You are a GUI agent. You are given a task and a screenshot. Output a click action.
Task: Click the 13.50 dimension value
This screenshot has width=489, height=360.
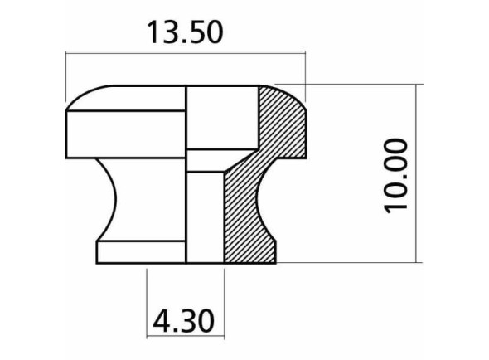185,32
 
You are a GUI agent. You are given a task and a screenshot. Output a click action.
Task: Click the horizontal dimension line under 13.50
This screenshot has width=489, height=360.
185,56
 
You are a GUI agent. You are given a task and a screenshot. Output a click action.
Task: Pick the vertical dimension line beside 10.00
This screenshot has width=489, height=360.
418,174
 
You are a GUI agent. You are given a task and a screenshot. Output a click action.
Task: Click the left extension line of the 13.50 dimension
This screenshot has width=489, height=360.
65,79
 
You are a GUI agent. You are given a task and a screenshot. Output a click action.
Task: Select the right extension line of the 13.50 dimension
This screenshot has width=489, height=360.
306,71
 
